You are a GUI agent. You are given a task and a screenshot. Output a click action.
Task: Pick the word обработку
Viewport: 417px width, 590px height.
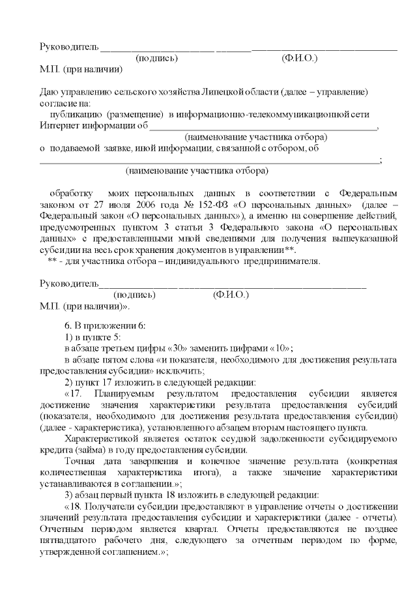[68, 194]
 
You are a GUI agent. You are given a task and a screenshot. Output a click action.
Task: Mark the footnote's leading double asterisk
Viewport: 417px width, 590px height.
[52, 261]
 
